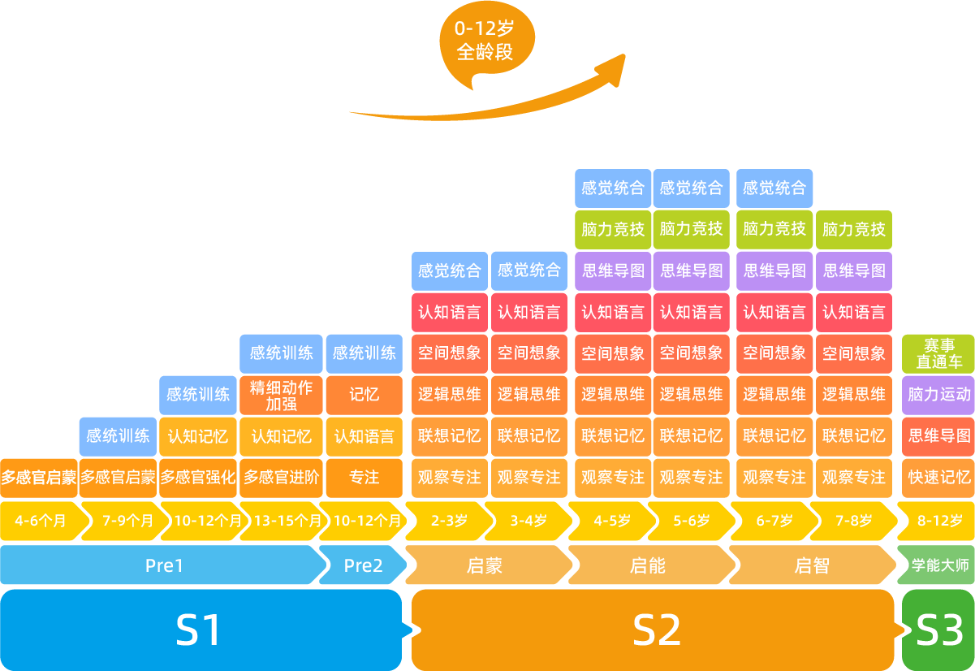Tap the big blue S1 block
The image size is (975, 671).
[x=200, y=630]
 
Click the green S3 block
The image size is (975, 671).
[x=938, y=630]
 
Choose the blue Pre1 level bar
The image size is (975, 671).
[x=162, y=565]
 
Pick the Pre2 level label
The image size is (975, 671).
[x=362, y=565]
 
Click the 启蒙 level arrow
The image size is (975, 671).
[x=485, y=565]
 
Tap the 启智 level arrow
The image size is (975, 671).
[x=811, y=565]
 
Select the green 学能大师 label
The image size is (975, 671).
[x=938, y=565]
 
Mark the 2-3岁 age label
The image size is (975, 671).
[x=447, y=521]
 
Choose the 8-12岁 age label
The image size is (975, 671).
[x=938, y=521]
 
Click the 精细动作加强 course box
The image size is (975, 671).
[x=281, y=394]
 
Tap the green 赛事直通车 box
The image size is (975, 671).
[x=938, y=353]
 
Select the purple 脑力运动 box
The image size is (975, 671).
[x=938, y=395]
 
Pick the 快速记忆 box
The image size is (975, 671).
[x=938, y=478]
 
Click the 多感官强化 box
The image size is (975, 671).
[x=198, y=478]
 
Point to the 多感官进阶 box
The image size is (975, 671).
[x=281, y=478]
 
